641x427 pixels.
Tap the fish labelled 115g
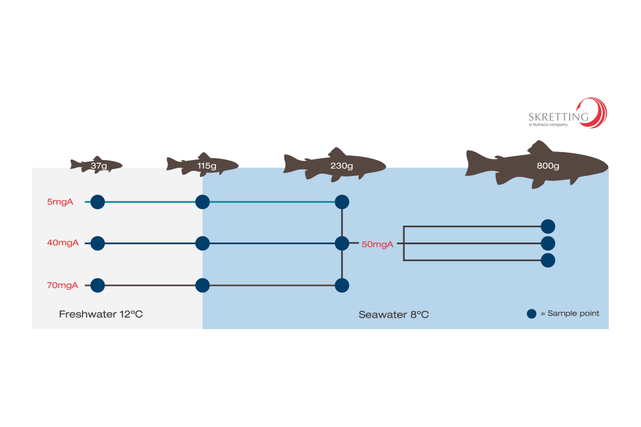203,165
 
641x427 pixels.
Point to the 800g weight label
548,166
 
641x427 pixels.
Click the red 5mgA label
60,202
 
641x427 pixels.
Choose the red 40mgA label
63,243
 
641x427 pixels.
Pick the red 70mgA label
63,285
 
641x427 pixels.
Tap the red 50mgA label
377,244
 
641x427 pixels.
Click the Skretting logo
567,113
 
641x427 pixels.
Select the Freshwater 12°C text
101,314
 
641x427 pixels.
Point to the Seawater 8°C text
393,314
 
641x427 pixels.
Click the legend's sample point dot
532,313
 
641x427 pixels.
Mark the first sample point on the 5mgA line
97,202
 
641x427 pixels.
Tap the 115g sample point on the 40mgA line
202,244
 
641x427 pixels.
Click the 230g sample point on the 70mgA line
342,285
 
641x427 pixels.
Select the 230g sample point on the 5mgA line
342,202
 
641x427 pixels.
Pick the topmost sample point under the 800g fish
548,227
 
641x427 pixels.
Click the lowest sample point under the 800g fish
548,260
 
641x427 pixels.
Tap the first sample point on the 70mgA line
97,285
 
